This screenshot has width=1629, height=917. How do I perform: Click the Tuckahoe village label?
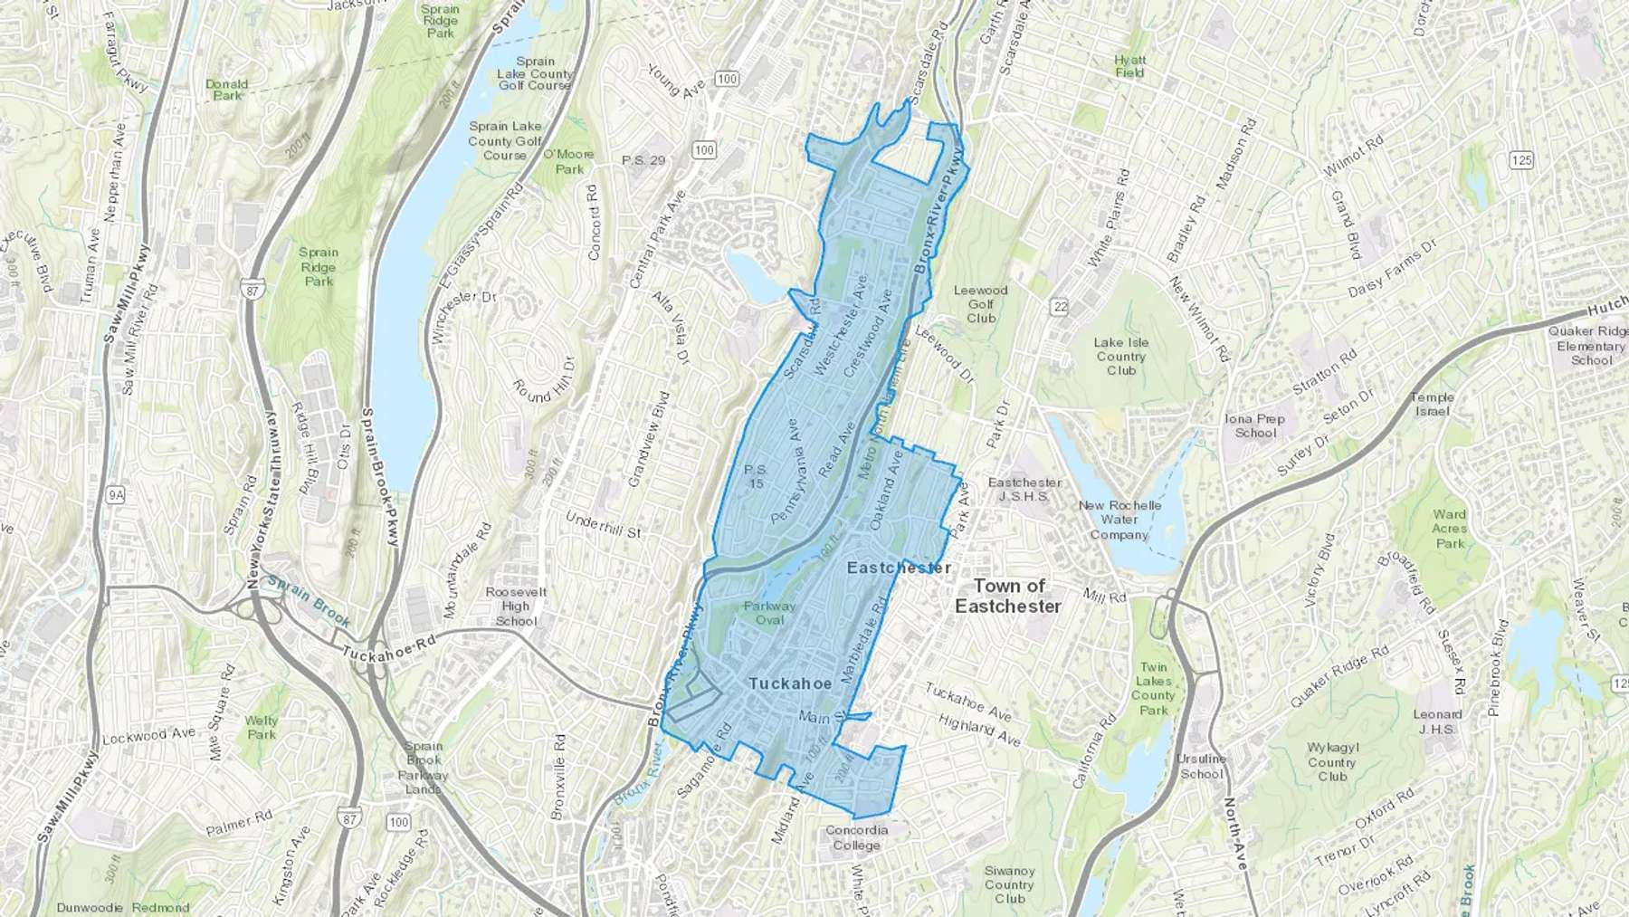point(789,683)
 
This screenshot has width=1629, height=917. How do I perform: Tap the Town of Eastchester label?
point(1008,596)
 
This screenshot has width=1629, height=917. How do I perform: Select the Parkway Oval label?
point(769,613)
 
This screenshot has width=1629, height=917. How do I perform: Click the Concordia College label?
point(856,837)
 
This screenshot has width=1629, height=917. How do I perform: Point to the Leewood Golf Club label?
point(980,304)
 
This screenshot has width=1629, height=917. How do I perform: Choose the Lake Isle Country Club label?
point(1120,356)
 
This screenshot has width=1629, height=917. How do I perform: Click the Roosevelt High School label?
point(516,606)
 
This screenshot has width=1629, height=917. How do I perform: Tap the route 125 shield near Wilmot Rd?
point(1521,160)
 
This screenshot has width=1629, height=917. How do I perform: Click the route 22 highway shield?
point(1060,307)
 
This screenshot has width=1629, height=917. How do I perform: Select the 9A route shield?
point(115,494)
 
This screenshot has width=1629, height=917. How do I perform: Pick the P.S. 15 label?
point(755,476)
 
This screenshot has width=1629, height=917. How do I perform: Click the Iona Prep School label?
point(1254,425)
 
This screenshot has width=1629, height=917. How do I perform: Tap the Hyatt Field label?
point(1129,66)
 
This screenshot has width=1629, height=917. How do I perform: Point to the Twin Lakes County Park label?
point(1153,689)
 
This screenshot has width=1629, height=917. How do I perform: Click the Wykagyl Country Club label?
point(1331,761)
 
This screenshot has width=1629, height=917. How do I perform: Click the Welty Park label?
point(262,728)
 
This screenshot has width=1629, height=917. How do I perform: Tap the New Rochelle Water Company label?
point(1119,520)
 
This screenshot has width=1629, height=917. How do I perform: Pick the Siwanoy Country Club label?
point(1009,884)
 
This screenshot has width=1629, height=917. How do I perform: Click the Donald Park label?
point(226,89)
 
